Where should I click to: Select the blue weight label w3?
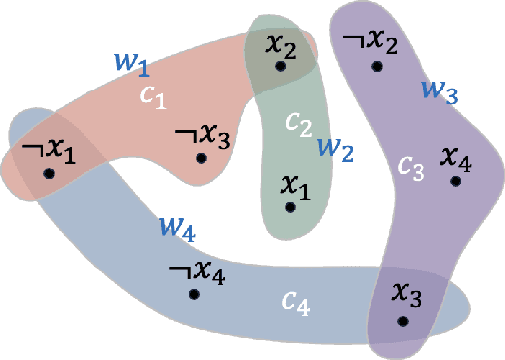tap(438, 90)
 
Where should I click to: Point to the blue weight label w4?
tap(176, 229)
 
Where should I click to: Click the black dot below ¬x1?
tap(48, 173)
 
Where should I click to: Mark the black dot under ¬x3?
tap(201, 157)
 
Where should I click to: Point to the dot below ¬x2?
tap(377, 67)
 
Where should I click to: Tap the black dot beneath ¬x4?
tap(194, 294)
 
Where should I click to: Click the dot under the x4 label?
tap(455, 181)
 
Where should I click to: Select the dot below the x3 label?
tap(402, 320)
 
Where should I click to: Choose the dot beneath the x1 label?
tap(289, 207)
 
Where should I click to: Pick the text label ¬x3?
tap(203, 135)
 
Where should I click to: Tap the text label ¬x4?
tap(198, 270)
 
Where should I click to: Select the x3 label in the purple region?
tap(405, 294)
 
